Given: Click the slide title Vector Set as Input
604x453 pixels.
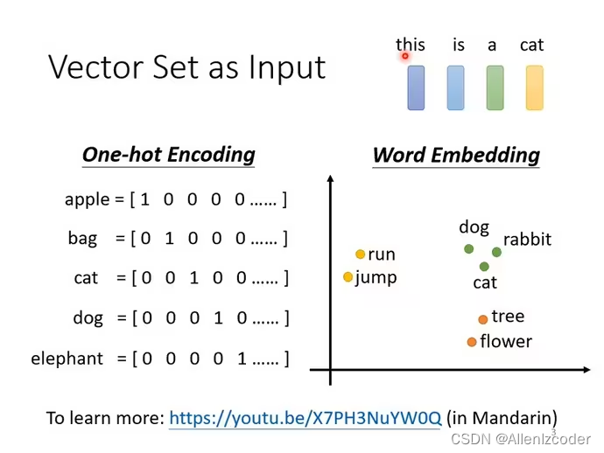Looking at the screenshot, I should [x=186, y=67].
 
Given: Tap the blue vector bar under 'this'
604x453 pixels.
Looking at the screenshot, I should [x=416, y=87].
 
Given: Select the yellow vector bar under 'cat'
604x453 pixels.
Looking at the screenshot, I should [x=534, y=87].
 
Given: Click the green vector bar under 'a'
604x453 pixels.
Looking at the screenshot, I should [x=495, y=87].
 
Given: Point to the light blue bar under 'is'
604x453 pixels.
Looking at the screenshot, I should [x=455, y=87].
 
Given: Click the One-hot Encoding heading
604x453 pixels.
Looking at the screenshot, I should [x=168, y=155].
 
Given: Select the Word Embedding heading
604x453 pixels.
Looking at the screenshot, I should [x=455, y=156].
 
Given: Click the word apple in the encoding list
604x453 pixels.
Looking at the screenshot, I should [x=87, y=199].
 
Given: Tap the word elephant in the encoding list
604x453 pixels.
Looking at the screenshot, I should [x=67, y=359].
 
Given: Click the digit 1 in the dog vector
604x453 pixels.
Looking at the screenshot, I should [x=218, y=318].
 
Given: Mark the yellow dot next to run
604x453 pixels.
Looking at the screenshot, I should [x=360, y=254].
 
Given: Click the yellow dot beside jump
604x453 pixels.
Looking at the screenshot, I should [x=348, y=277].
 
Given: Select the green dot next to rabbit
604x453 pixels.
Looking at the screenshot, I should [x=496, y=252].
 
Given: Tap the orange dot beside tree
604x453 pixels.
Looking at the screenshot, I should [x=482, y=319].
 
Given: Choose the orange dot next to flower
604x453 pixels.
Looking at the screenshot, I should [x=472, y=342].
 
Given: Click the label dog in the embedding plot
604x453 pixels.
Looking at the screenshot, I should [x=474, y=227].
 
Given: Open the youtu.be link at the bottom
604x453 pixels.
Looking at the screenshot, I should [x=305, y=418].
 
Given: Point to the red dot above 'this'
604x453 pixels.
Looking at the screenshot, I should [x=405, y=56].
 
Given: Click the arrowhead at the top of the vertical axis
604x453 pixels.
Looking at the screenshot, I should [x=330, y=179].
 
